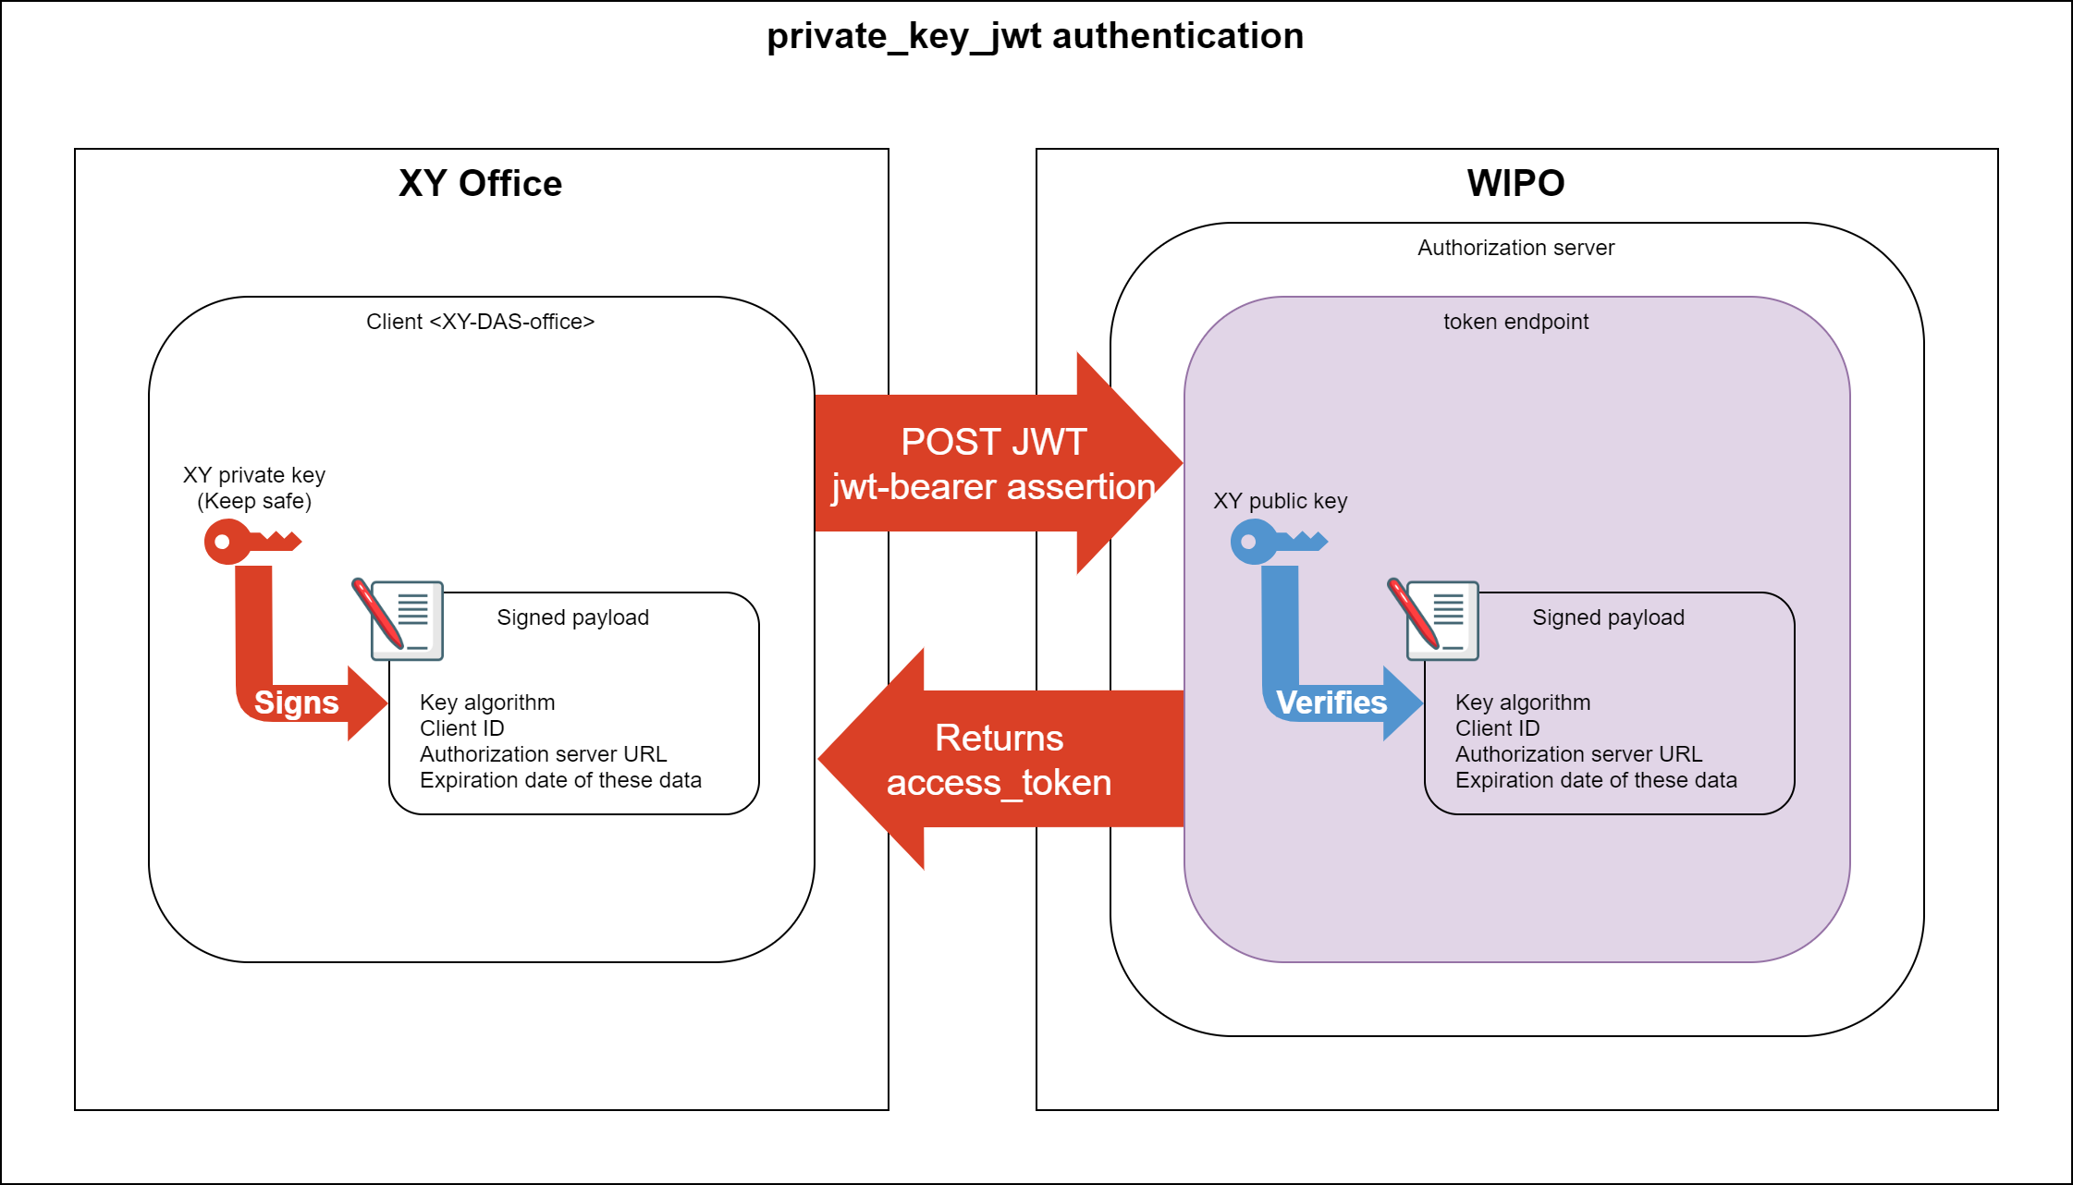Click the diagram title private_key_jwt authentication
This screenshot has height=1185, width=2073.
click(1035, 37)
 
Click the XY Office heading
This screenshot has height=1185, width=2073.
click(480, 184)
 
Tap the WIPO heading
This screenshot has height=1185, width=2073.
click(1515, 184)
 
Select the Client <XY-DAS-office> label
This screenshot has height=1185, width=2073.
click(480, 322)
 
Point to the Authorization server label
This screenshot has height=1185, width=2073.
click(1515, 248)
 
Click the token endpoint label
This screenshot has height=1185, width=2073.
click(1515, 322)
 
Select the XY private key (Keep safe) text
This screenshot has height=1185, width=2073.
click(254, 488)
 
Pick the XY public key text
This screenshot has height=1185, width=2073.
click(1280, 501)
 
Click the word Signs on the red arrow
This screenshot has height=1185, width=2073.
click(296, 702)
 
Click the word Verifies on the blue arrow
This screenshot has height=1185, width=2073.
click(1331, 702)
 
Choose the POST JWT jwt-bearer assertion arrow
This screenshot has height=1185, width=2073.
click(994, 464)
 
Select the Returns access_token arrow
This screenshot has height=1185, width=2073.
click(999, 760)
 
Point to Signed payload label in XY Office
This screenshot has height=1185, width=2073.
click(572, 617)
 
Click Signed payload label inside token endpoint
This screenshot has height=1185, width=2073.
click(1608, 617)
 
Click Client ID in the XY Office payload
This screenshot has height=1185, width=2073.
click(461, 728)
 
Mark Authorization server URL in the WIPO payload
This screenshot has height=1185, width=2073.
click(1578, 754)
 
